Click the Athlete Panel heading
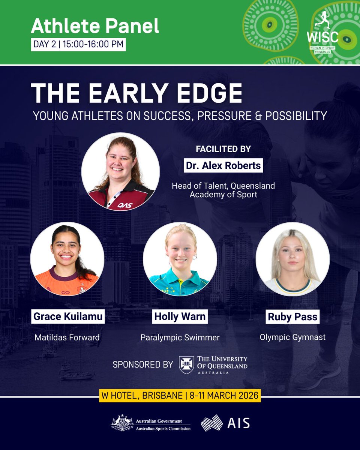point(95,26)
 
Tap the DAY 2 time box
point(78,44)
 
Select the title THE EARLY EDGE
point(136,93)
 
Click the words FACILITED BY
point(223,149)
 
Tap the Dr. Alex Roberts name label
point(223,165)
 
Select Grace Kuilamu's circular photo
point(67,259)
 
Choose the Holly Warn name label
point(180,316)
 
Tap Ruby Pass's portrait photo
point(292,259)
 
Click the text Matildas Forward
point(67,337)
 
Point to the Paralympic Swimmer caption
point(180,337)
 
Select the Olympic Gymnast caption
point(292,337)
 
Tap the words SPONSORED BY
point(143,364)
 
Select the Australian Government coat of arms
point(122,423)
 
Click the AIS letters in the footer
point(238,423)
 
